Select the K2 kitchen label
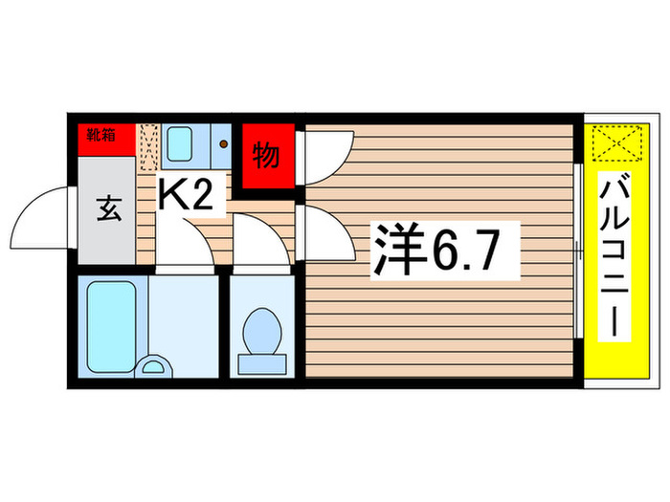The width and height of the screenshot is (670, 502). [x=190, y=196]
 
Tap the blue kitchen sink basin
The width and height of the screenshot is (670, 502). [x=181, y=144]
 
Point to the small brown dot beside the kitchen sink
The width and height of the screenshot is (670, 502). [x=223, y=145]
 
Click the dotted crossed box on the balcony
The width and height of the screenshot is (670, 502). [x=612, y=147]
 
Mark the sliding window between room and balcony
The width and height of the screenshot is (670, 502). [x=580, y=251]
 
